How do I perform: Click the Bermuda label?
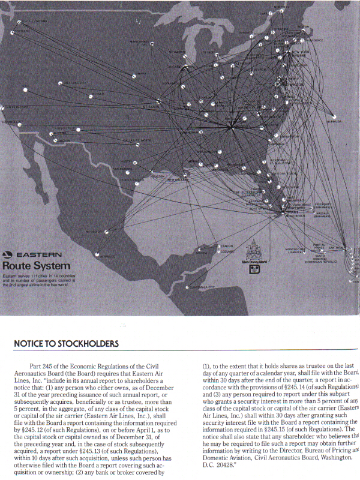[x=334, y=121]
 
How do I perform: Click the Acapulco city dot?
[x=97, y=254]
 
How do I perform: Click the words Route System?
[x=36, y=265]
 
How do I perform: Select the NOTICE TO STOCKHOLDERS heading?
[x=66, y=344]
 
